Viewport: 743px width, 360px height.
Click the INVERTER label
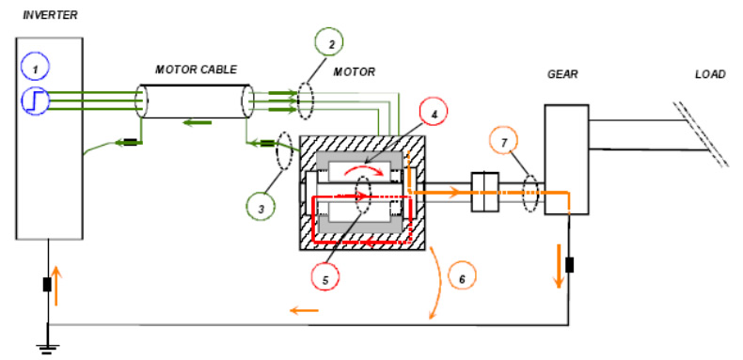pyautogui.click(x=50, y=16)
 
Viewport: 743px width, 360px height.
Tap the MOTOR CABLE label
pyautogui.click(x=197, y=70)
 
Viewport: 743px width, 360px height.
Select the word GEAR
pyautogui.click(x=563, y=74)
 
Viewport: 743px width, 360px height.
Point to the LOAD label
pyautogui.click(x=710, y=74)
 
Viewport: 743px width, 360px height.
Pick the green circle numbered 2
pyautogui.click(x=329, y=43)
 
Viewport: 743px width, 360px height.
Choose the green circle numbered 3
pyautogui.click(x=261, y=206)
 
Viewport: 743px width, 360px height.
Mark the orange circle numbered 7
pyautogui.click(x=504, y=141)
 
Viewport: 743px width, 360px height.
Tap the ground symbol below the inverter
pyautogui.click(x=46, y=349)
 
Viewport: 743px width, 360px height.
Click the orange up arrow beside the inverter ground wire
pyautogui.click(x=55, y=286)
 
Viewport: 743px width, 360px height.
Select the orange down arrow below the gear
pyautogui.click(x=560, y=266)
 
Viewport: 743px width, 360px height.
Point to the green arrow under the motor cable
pyautogui.click(x=198, y=123)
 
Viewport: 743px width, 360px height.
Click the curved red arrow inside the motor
pyautogui.click(x=363, y=170)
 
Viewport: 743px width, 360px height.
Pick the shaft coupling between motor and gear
pyautogui.click(x=484, y=192)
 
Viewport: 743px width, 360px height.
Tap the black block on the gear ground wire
pyautogui.click(x=570, y=265)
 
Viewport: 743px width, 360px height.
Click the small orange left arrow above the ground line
pyautogui.click(x=304, y=311)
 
